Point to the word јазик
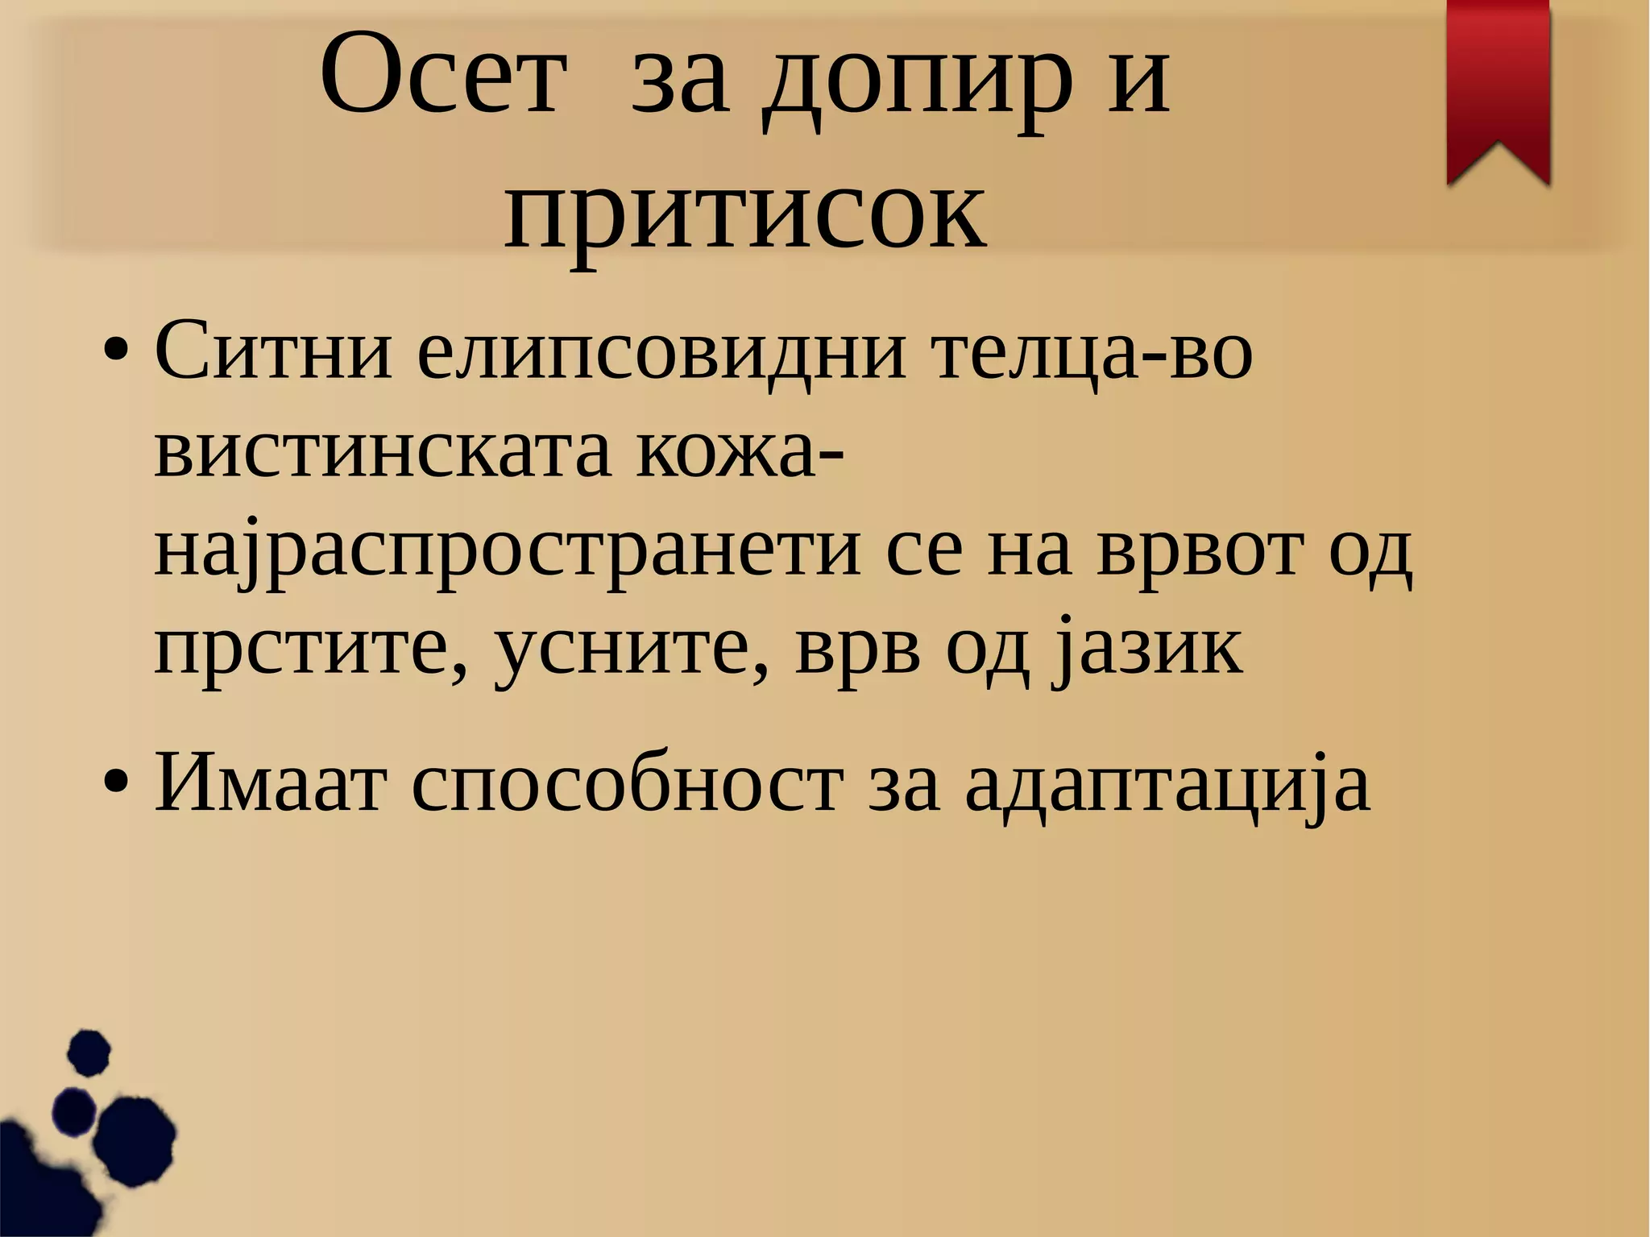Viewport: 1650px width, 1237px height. tap(1147, 650)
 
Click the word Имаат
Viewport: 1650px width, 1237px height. tap(271, 782)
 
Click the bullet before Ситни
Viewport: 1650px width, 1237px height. tap(116, 352)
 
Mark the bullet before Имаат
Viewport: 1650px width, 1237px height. tap(116, 782)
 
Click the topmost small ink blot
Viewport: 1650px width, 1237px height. tap(88, 1052)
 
